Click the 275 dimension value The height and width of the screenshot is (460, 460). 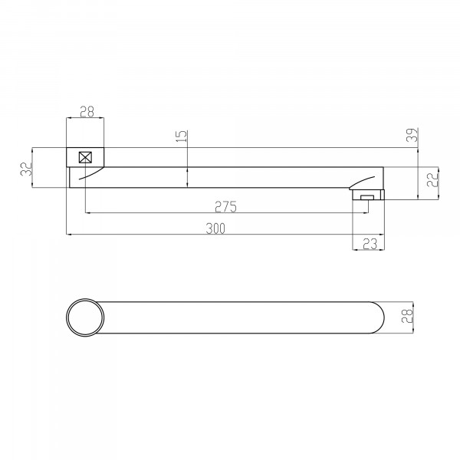pos(225,206)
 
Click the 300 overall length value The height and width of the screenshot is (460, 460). pos(215,228)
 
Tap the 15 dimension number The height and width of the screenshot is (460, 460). pos(182,136)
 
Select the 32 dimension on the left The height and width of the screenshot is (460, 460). pos(26,169)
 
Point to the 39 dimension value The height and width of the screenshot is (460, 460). pos(412,135)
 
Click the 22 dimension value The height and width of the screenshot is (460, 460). pos(432,179)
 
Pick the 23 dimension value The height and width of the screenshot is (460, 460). pos(370,244)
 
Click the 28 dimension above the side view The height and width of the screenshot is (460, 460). pos(87,112)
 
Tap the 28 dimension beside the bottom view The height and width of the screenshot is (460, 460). pos(407,316)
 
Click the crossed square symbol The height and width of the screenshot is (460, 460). pos(85,157)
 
